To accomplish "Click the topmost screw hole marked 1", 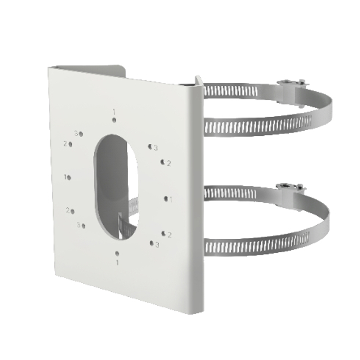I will pos(114,120).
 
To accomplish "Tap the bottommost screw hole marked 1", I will pos(117,253).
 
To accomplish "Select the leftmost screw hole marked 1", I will pos(68,177).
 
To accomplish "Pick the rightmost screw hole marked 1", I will pos(166,198).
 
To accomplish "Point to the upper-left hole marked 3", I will pos(81,134).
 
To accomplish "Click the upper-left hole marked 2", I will pos(70,144).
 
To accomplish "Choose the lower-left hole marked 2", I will pos(72,211).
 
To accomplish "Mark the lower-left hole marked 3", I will pos(83,226).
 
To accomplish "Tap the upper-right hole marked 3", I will pos(150,146).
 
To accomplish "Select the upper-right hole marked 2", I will pos(163,162).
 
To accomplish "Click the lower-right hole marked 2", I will pos(163,234).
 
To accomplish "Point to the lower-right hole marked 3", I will pos(152,243).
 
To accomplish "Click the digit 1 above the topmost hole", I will pos(114,112).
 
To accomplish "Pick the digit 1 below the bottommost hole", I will pos(117,262).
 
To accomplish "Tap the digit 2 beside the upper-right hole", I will pos(168,163).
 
